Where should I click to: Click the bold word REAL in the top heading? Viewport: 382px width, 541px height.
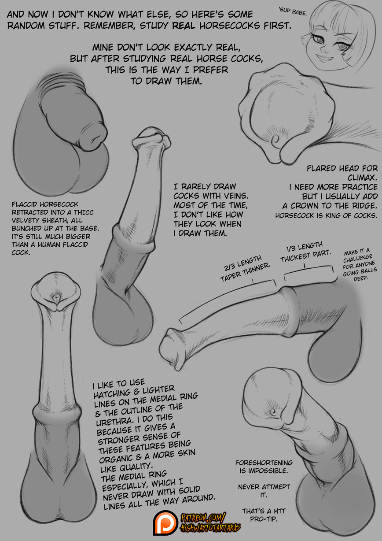[184, 26]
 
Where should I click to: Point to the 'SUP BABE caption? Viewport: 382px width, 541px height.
[293, 11]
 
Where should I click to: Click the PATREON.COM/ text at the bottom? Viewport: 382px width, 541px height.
[203, 518]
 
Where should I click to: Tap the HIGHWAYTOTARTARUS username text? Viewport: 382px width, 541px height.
[210, 528]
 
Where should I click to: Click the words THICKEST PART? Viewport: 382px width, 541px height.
[305, 256]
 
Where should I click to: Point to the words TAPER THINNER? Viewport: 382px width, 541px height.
[245, 272]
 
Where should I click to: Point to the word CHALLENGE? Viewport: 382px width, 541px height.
[358, 259]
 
